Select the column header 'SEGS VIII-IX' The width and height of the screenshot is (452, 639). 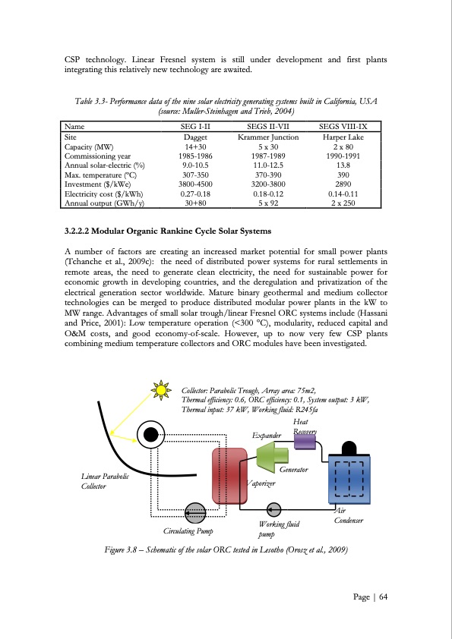pyautogui.click(x=343, y=127)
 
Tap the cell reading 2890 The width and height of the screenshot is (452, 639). pyautogui.click(x=343, y=184)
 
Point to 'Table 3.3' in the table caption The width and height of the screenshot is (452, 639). pyautogui.click(x=95, y=101)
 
